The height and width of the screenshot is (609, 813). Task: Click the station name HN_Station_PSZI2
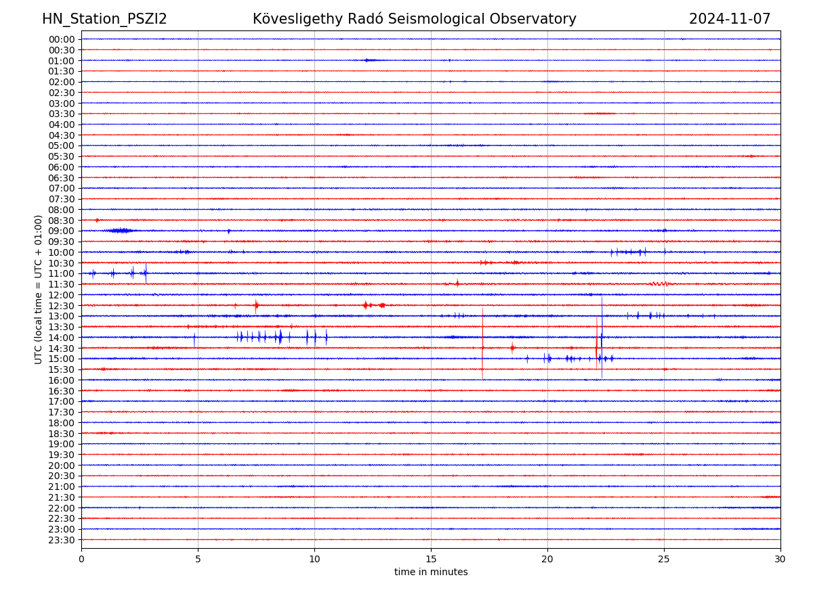point(104,19)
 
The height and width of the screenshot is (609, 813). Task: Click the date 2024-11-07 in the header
point(730,19)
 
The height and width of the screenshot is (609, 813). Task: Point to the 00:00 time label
point(62,39)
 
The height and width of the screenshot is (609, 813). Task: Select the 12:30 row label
point(62,306)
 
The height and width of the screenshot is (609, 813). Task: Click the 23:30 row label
point(62,540)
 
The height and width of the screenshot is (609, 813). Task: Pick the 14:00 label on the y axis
point(62,338)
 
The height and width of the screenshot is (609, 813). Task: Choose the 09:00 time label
point(62,231)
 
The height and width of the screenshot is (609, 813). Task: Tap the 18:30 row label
point(62,433)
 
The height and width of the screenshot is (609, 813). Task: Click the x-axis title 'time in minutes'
point(431,572)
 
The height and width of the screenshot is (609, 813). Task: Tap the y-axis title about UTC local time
point(39,289)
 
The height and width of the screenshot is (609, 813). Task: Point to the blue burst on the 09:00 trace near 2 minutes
point(121,231)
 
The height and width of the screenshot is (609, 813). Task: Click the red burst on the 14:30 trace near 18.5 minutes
point(512,348)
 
